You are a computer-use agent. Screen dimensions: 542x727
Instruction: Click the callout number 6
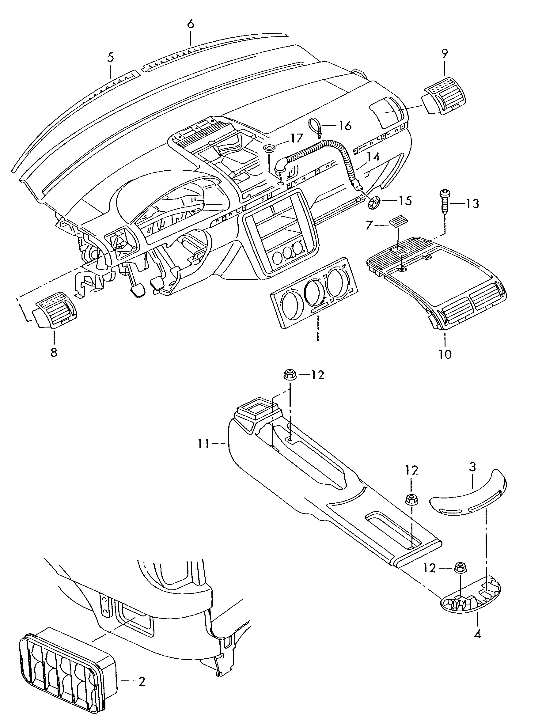coord(191,24)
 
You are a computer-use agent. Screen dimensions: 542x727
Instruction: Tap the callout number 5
coord(111,57)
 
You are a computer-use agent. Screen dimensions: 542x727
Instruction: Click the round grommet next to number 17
coord(270,149)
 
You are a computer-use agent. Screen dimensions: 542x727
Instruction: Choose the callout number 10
coord(445,354)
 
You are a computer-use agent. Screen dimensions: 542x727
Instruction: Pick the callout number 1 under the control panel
coord(318,337)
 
